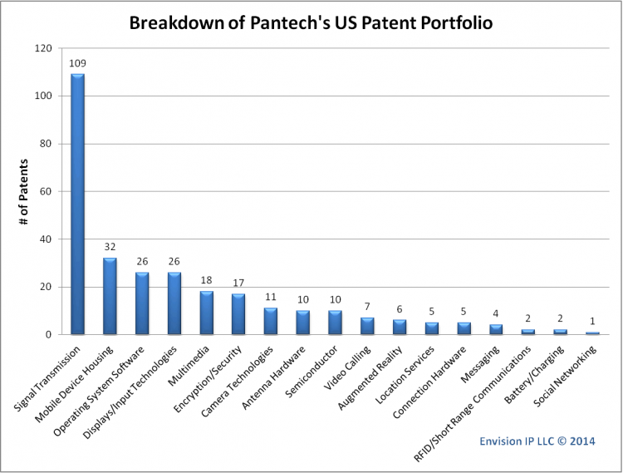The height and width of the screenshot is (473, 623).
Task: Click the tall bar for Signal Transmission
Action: coord(77,204)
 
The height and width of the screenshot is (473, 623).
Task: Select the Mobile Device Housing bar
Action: coord(110,296)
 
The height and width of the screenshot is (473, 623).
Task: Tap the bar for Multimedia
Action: coord(206,313)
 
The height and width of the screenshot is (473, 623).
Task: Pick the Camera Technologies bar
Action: coord(271,321)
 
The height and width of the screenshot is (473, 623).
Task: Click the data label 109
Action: coord(77,63)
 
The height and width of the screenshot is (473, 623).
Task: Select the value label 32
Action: coord(110,247)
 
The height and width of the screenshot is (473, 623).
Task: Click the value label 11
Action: coord(271,297)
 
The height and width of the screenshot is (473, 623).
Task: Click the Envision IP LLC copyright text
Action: coord(539,441)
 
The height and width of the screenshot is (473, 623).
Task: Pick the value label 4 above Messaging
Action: coord(496,314)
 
